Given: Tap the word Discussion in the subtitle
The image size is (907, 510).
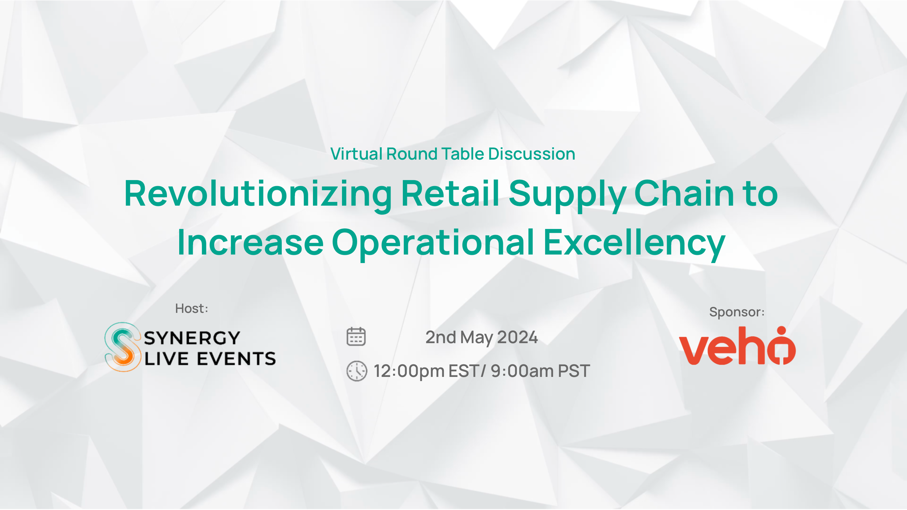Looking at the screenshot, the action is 532,154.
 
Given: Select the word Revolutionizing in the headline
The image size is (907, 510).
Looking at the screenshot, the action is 258,195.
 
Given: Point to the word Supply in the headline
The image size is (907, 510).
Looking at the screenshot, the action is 567,195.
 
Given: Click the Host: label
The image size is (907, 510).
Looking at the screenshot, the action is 191,308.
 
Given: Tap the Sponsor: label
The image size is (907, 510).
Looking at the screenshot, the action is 737,312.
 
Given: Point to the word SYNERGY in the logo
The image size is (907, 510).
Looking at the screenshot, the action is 192,338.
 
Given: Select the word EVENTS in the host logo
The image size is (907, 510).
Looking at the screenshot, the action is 236,359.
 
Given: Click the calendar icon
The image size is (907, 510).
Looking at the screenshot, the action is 356,337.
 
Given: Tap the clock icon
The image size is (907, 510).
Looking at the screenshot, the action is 357,371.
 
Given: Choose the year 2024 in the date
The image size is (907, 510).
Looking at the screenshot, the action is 517,337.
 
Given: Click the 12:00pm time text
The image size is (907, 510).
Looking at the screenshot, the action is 409,371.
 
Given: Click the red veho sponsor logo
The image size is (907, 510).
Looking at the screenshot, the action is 737,346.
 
